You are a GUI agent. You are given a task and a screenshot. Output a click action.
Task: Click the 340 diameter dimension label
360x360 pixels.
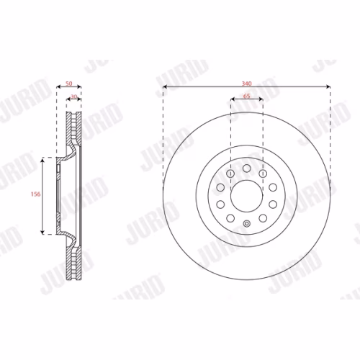click(x=246, y=84)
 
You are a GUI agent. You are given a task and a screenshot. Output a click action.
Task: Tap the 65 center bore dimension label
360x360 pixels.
click(x=247, y=96)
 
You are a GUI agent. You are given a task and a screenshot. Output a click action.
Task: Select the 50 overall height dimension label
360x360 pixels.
click(x=69, y=84)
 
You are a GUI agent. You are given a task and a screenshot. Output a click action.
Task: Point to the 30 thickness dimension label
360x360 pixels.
click(x=74, y=96)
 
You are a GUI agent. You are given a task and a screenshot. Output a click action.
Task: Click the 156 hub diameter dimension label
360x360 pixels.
click(x=35, y=194)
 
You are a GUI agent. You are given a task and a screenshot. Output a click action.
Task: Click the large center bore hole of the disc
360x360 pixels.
click(x=247, y=196)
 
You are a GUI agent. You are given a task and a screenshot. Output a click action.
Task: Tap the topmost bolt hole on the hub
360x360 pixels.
click(x=247, y=168)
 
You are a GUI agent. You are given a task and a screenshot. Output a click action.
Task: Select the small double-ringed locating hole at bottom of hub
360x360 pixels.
click(x=247, y=224)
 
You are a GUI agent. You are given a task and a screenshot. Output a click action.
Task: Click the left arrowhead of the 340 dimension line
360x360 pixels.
click(x=165, y=86)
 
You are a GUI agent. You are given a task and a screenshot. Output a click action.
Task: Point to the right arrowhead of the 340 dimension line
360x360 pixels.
click(x=328, y=86)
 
